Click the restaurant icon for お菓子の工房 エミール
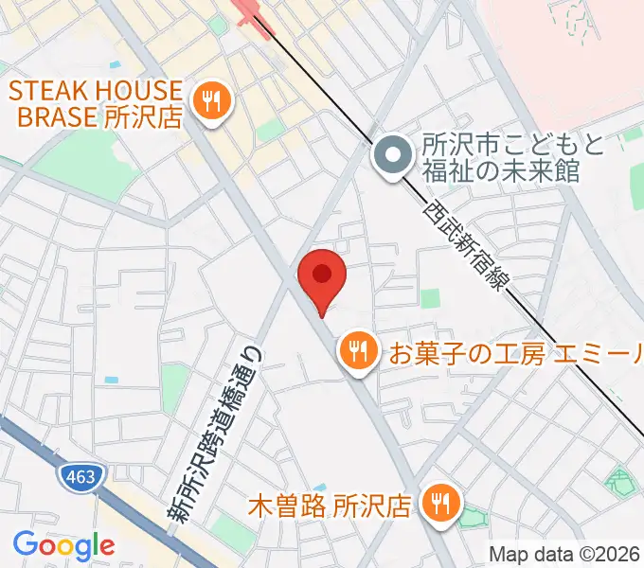(x=357, y=352)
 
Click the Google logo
(x=63, y=545)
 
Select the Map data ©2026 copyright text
(x=564, y=554)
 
